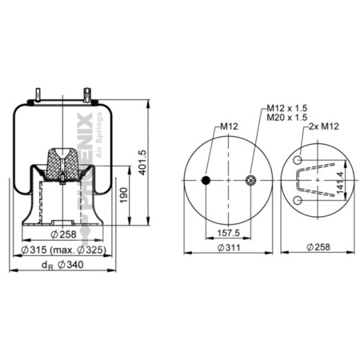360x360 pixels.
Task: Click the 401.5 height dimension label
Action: (x=143, y=163)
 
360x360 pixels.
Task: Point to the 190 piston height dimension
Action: (x=124, y=195)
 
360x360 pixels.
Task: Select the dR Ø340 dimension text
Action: (x=62, y=265)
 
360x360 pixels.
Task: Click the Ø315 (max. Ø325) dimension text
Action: (x=63, y=250)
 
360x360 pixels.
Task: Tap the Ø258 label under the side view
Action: (x=64, y=234)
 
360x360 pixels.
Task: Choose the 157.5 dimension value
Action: (x=228, y=233)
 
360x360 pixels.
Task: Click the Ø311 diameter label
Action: (x=229, y=248)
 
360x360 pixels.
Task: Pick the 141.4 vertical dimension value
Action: (x=340, y=183)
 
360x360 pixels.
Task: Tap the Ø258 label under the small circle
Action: (x=318, y=247)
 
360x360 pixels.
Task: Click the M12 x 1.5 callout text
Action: (x=287, y=108)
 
